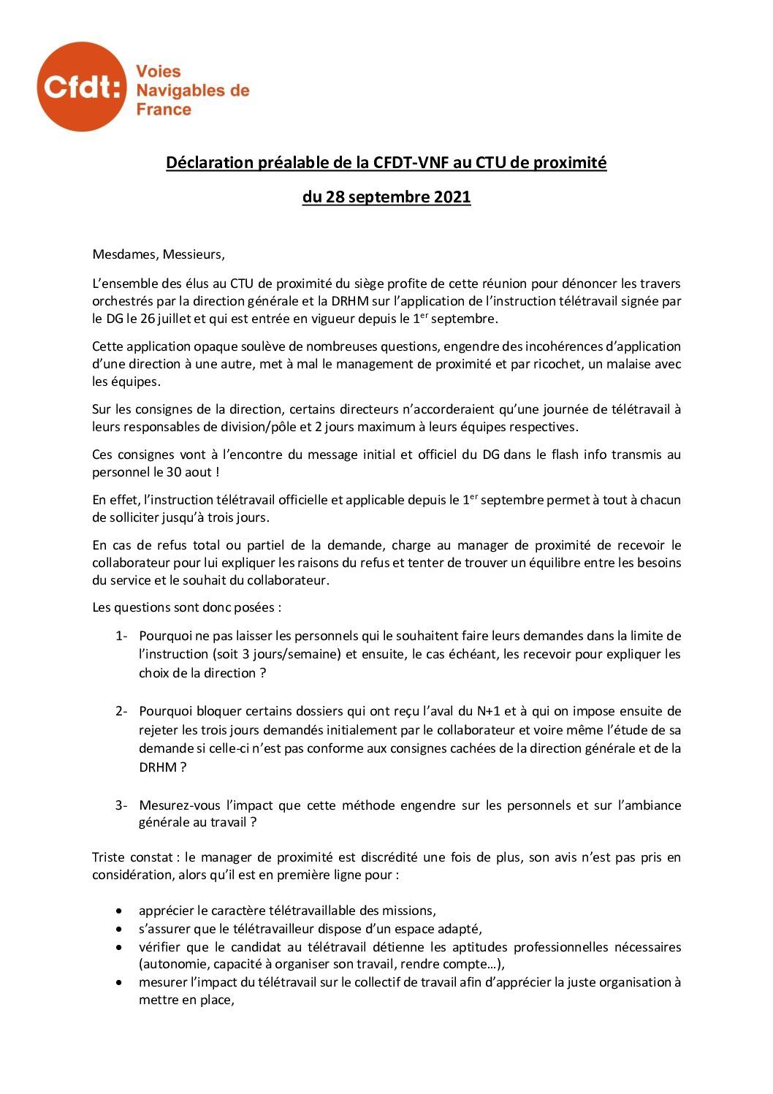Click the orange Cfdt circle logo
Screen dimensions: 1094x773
pyautogui.click(x=81, y=87)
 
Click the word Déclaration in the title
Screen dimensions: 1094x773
pyautogui.click(x=209, y=162)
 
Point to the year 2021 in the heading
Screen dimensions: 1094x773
pyautogui.click(x=452, y=197)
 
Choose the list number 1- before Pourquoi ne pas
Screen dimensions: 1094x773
pyautogui.click(x=121, y=636)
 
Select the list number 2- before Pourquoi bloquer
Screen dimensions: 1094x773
pyautogui.click(x=121, y=711)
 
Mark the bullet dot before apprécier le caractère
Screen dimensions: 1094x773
pyautogui.click(x=119, y=911)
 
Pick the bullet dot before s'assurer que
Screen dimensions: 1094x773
pyautogui.click(x=119, y=930)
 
